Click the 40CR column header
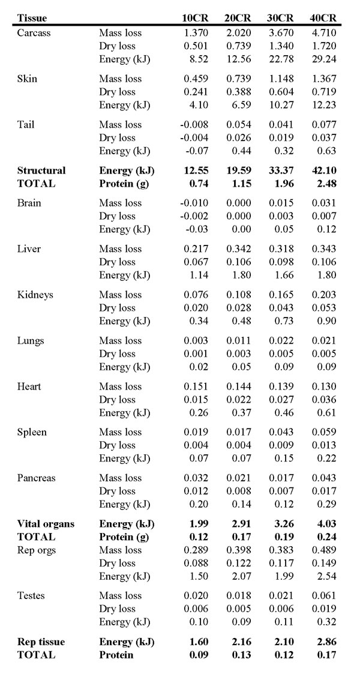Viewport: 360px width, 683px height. click(x=322, y=18)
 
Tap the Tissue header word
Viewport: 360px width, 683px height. click(x=32, y=18)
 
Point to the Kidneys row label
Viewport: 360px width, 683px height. click(x=35, y=295)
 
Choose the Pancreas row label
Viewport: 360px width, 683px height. click(x=36, y=478)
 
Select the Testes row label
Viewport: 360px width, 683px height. click(x=31, y=595)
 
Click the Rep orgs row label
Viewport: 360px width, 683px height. click(x=37, y=550)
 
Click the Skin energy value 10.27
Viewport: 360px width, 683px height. click(x=282, y=105)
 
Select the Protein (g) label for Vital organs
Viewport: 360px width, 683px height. click(x=124, y=537)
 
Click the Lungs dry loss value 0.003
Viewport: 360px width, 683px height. click(x=239, y=354)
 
